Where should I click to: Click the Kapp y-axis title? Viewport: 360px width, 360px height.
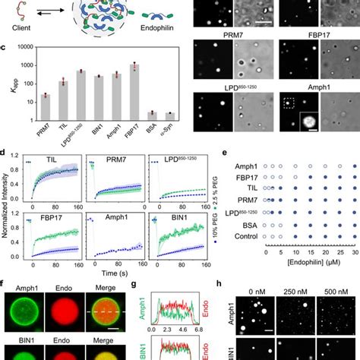tap(8, 85)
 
